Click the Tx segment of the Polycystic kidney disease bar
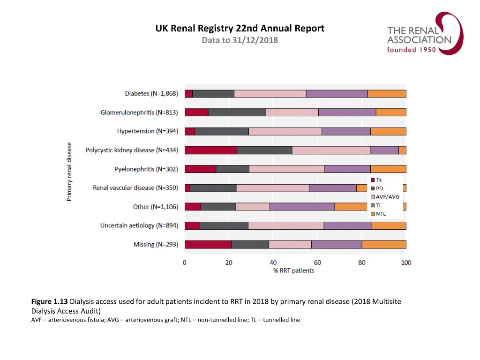(210, 150)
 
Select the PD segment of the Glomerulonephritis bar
(237, 112)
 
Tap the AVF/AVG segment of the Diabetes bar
(270, 93)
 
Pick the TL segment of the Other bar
(302, 207)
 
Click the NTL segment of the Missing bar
(384, 244)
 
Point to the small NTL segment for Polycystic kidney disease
(402, 150)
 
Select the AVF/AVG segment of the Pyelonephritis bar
(286, 169)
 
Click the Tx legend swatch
(373, 180)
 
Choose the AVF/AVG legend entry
(387, 197)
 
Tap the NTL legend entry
(381, 214)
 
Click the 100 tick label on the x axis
(406, 262)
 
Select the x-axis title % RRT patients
(294, 270)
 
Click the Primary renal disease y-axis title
(69, 172)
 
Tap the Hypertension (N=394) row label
(148, 131)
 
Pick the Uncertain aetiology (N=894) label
(139, 225)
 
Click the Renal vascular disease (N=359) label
(135, 188)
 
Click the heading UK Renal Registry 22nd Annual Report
(240, 29)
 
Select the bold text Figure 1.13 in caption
(50, 301)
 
